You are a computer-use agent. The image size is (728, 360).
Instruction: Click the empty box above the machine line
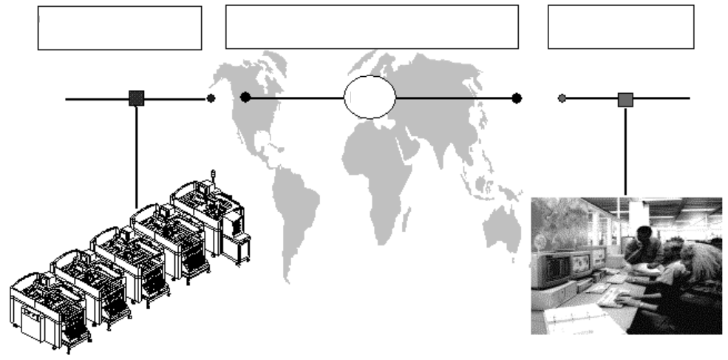[x=119, y=28]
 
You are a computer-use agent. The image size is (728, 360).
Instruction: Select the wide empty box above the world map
[x=371, y=27]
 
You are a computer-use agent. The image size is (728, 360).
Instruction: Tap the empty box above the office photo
[x=620, y=27]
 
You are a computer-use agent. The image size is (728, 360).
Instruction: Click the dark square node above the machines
[x=136, y=98]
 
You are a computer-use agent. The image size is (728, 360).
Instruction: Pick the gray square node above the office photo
[x=625, y=98]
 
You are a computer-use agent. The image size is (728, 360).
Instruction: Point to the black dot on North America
[x=245, y=97]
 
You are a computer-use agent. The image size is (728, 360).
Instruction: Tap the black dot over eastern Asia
[x=517, y=98]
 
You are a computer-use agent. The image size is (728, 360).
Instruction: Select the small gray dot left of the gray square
[x=562, y=98]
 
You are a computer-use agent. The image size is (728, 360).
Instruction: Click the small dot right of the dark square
[x=211, y=98]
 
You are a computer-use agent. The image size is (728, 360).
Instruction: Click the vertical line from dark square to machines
[x=136, y=155]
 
